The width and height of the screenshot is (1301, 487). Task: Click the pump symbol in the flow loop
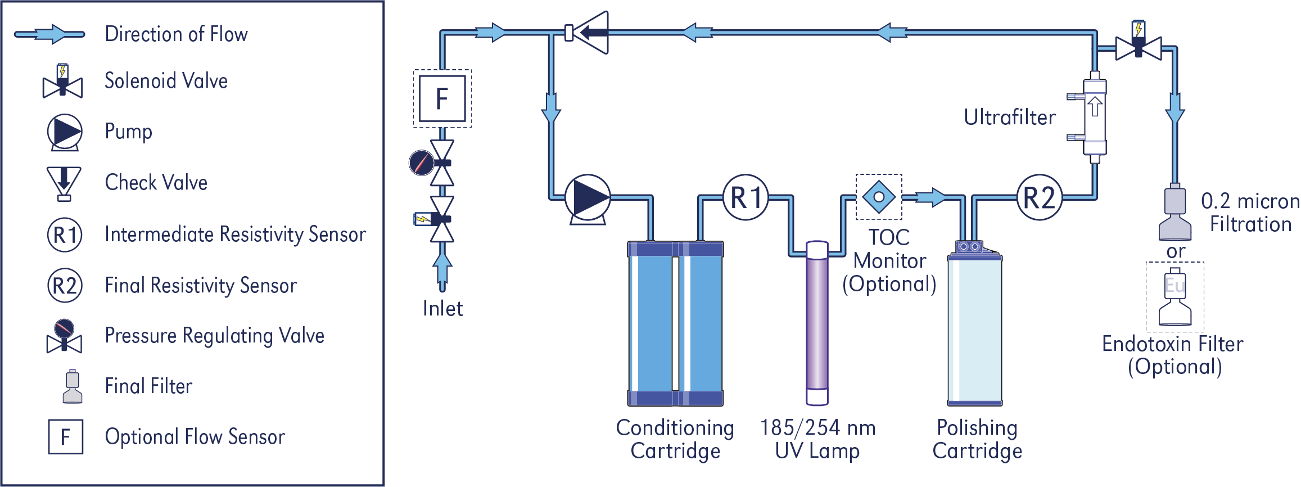point(588,199)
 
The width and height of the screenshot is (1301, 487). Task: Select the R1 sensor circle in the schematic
point(746,197)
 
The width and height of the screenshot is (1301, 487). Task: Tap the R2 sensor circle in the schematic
point(1040,197)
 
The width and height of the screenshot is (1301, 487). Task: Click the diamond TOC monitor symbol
point(879,197)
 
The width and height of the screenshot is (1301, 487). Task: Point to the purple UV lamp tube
point(817,323)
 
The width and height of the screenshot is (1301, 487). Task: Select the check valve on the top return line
point(587,33)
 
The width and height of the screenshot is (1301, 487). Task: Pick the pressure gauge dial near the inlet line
point(421,163)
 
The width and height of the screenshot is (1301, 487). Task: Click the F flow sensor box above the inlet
point(442,98)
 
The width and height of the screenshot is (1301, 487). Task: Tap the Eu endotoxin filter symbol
point(1175,299)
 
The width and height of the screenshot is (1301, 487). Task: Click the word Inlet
point(442,309)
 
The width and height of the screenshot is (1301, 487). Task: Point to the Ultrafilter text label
point(1010,118)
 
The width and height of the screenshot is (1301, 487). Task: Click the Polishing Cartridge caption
point(977,439)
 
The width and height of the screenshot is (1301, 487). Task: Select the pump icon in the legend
point(65,132)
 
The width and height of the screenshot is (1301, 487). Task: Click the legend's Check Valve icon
point(64,183)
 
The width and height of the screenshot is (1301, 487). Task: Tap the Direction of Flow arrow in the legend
point(49,34)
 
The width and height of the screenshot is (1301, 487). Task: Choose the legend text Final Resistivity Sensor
point(201,286)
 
